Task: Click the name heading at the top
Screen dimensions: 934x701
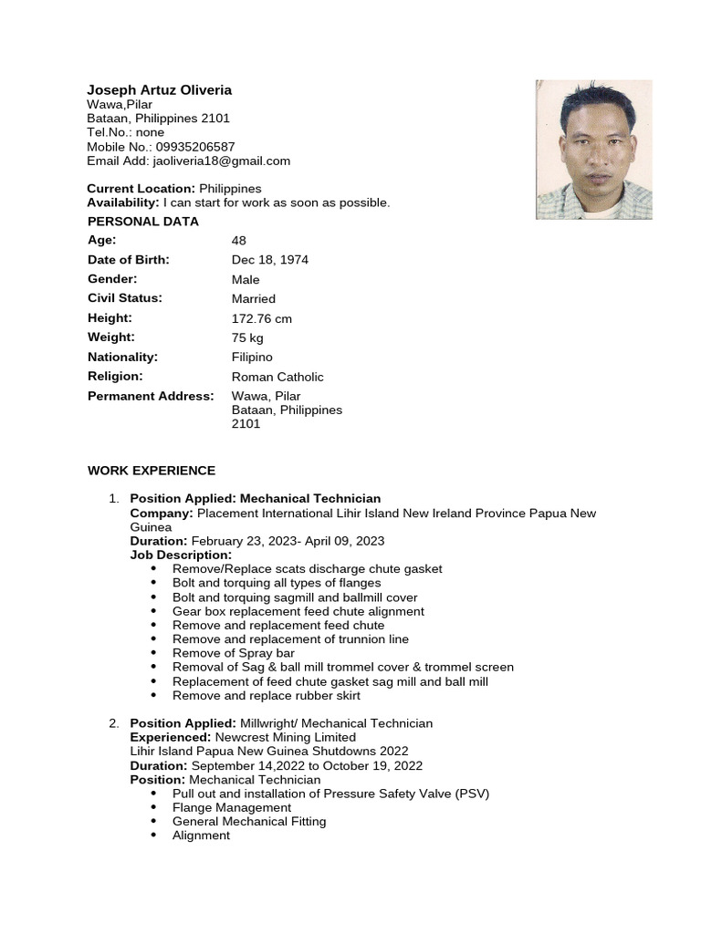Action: click(159, 89)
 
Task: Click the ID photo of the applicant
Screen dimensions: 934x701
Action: click(593, 150)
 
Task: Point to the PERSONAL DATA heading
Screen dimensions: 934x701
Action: click(142, 222)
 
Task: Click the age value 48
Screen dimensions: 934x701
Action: click(239, 241)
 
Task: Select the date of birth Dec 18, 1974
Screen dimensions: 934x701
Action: click(270, 260)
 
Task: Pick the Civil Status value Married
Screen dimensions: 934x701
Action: click(253, 299)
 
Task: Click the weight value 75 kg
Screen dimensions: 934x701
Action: click(247, 337)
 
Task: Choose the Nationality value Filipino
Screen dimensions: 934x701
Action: click(252, 358)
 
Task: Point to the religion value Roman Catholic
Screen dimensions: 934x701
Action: click(277, 377)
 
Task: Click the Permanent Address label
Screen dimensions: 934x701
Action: click(151, 396)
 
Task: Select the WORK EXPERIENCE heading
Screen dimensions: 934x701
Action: click(152, 471)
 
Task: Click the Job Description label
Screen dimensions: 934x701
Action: click(181, 555)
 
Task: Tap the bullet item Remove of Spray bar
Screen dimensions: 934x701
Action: click(234, 653)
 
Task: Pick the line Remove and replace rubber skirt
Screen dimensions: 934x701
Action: click(266, 695)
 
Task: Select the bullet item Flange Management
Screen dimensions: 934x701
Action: click(232, 807)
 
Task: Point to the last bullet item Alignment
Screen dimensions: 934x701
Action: click(201, 835)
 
